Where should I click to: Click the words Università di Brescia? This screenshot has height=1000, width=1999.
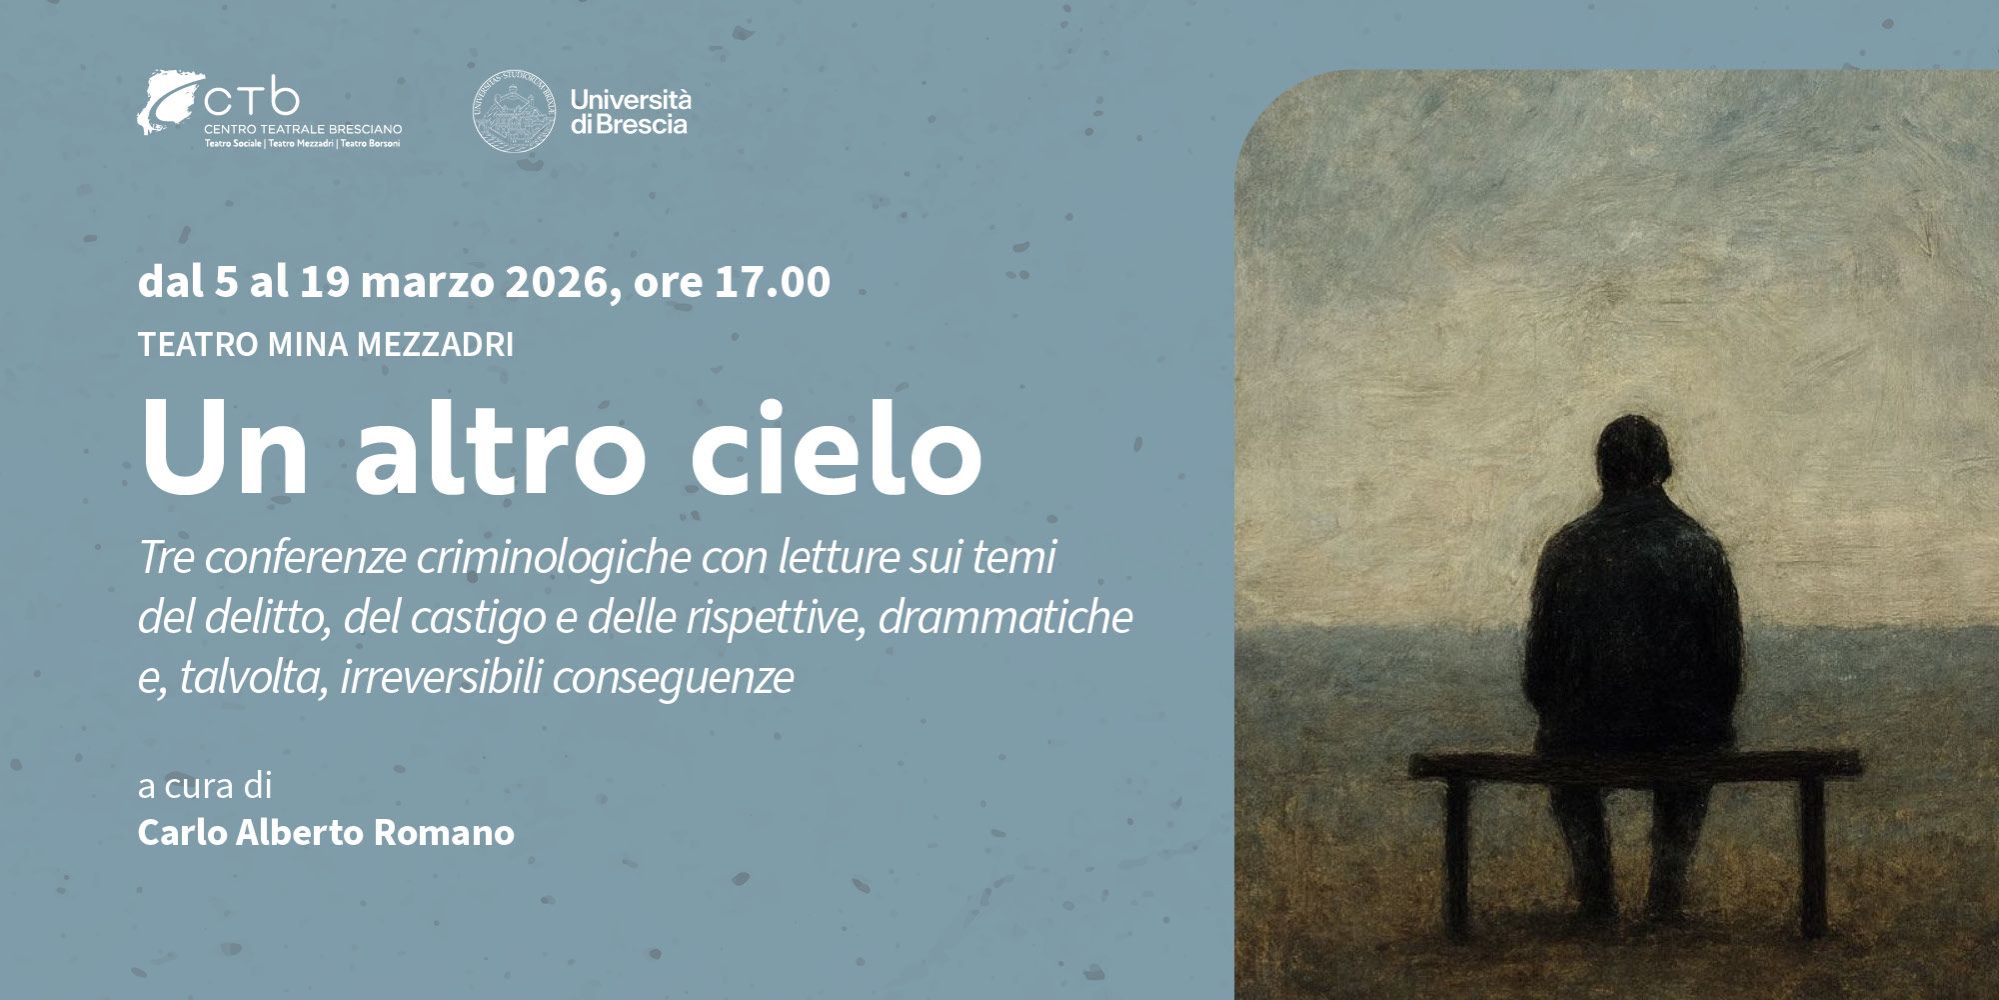click(x=630, y=111)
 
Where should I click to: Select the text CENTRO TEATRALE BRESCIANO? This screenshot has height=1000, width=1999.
click(x=303, y=130)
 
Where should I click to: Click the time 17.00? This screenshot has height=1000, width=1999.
click(x=772, y=283)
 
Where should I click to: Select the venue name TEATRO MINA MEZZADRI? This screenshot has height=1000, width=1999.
click(x=326, y=345)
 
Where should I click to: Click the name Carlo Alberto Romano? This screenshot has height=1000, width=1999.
click(x=326, y=832)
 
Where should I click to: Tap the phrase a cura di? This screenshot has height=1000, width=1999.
click(x=205, y=786)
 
